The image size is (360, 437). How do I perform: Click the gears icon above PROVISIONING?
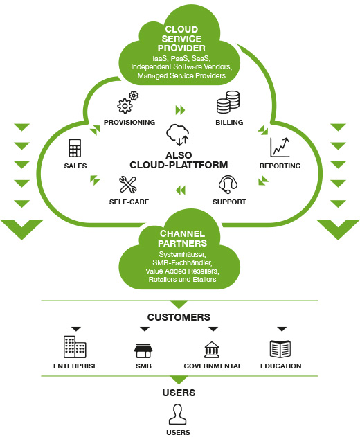[127, 102]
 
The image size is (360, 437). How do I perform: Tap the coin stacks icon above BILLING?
[228, 102]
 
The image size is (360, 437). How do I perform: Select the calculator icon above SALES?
[75, 148]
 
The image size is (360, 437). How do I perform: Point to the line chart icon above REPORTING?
[280, 148]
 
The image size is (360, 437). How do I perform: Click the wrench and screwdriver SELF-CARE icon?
[128, 184]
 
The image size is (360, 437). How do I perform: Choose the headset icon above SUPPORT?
[228, 184]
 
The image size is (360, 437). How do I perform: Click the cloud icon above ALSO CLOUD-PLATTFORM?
[178, 135]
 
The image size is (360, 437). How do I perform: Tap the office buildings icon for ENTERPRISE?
[75, 347]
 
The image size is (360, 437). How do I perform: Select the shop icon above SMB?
[143, 350]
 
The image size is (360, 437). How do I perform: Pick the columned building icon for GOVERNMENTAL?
[212, 350]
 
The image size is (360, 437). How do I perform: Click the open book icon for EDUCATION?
[280, 348]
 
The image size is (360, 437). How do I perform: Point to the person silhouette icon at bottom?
[177, 414]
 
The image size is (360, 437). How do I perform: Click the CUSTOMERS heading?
[179, 317]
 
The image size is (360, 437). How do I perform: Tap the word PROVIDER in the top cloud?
[181, 48]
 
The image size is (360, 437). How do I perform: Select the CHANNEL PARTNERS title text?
[182, 238]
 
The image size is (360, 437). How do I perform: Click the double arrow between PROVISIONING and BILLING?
[180, 110]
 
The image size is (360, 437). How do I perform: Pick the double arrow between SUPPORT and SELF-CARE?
[181, 190]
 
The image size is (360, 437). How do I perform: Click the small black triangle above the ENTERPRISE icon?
[75, 329]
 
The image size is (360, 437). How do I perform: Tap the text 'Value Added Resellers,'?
[182, 271]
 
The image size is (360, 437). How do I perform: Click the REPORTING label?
[280, 166]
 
